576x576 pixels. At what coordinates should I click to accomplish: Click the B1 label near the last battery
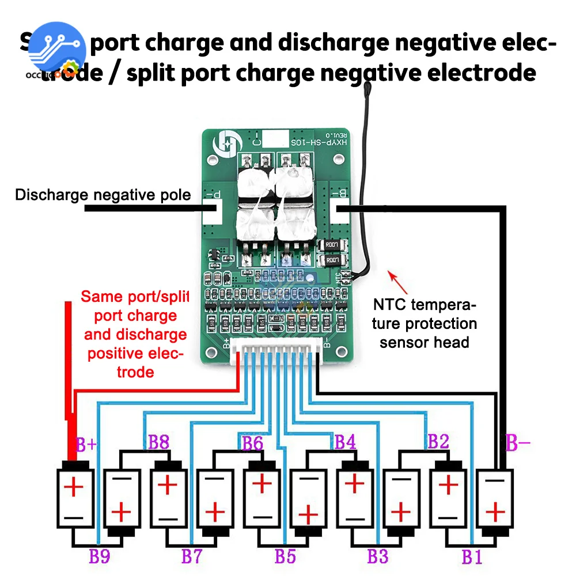[471, 556]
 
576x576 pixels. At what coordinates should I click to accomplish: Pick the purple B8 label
[159, 442]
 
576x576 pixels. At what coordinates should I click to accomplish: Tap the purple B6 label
[252, 442]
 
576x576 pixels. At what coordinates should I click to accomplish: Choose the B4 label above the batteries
[346, 442]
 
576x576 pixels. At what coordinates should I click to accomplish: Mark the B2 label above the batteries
[438, 442]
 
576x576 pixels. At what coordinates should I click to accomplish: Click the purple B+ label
[87, 445]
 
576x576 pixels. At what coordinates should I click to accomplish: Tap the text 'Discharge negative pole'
[103, 195]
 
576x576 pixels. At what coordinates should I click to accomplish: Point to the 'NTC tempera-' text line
[425, 304]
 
